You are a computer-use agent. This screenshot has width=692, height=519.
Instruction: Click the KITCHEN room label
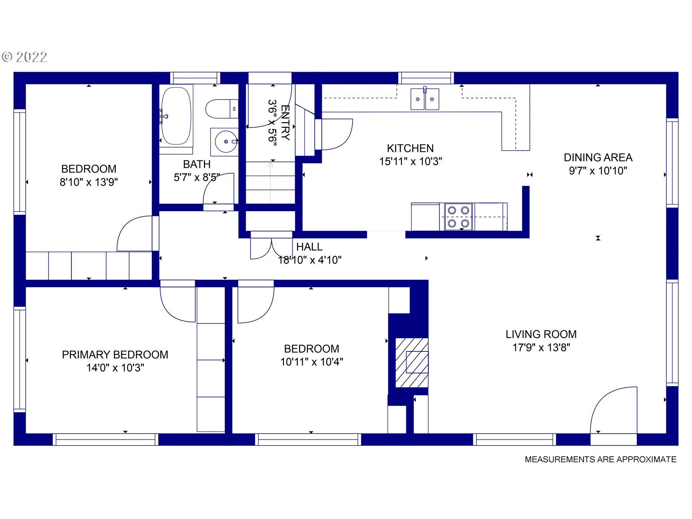tap(410, 148)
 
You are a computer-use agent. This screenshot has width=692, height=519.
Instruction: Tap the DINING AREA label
tap(598, 158)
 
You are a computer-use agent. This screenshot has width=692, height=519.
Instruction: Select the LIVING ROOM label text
tap(541, 334)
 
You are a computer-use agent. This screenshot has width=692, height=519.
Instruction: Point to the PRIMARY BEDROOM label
tap(115, 355)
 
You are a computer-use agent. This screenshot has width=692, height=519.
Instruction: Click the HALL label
tap(309, 247)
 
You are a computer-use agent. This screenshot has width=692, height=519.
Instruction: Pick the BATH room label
tap(197, 164)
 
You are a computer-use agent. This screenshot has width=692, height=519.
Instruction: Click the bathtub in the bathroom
tap(176, 116)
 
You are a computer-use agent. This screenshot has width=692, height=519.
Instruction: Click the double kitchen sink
tap(425, 99)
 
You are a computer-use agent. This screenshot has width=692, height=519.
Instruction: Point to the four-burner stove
tap(458, 217)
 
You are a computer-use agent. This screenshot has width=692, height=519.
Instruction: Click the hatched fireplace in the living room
tap(412, 362)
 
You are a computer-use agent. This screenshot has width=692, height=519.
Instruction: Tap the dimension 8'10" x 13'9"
tap(89, 182)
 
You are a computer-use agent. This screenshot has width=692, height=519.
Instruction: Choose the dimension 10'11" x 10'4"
tap(311, 362)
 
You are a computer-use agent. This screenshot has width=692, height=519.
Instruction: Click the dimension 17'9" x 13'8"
tap(541, 347)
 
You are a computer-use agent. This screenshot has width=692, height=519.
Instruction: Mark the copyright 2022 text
tap(25, 57)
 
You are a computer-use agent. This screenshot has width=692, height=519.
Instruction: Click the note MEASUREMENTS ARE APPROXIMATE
tap(600, 460)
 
